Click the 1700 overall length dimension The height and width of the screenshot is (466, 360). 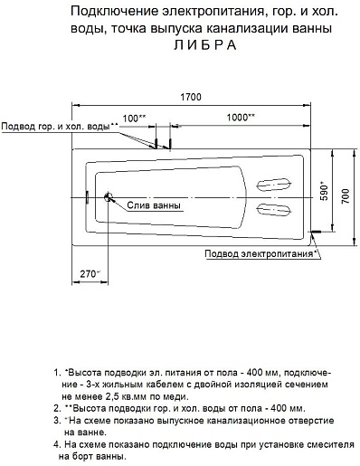pyautogui.click(x=191, y=97)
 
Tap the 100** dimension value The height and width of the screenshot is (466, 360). pyautogui.click(x=134, y=118)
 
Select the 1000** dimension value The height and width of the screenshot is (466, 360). pyautogui.click(x=241, y=118)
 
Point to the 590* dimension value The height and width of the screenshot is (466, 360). pyautogui.click(x=324, y=191)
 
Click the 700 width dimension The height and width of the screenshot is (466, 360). pyautogui.click(x=346, y=196)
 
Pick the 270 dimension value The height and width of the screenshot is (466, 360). pyautogui.click(x=90, y=274)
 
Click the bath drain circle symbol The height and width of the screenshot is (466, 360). pyautogui.click(x=108, y=197)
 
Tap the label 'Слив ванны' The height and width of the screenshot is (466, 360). pyautogui.click(x=154, y=205)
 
